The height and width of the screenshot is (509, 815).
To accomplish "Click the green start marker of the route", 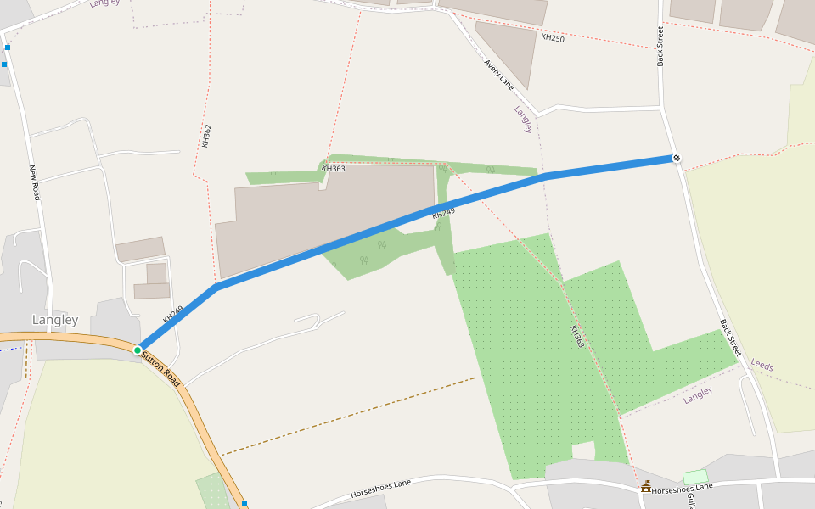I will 138,350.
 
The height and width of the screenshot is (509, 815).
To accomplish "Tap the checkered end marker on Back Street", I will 677,157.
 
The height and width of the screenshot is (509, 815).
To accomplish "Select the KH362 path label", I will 206,136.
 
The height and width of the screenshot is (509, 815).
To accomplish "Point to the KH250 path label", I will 552,38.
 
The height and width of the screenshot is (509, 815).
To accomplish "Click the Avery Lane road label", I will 499,74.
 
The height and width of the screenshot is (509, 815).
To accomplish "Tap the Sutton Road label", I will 160,368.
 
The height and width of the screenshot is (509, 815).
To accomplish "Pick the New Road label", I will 35,182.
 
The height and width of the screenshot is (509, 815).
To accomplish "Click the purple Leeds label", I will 762,365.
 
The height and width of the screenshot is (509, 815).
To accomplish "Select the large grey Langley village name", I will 55,320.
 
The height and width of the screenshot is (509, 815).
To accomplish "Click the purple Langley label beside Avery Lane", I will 523,119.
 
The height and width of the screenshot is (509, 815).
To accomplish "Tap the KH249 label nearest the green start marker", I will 173,314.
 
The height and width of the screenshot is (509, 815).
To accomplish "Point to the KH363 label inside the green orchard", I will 577,337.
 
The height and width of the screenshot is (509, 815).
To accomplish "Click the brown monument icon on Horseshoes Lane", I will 646,486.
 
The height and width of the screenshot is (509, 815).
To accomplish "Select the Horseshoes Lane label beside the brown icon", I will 683,489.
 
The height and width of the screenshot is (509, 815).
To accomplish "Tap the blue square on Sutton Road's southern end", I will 244,504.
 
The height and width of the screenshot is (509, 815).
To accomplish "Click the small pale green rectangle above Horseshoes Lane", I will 694,477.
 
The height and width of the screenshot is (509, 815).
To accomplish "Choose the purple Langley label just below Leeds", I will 698,394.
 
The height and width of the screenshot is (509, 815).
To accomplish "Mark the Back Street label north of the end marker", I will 660,46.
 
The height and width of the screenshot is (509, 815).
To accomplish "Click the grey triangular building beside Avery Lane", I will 509,49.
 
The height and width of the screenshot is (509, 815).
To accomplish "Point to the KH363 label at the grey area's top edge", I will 333,168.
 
